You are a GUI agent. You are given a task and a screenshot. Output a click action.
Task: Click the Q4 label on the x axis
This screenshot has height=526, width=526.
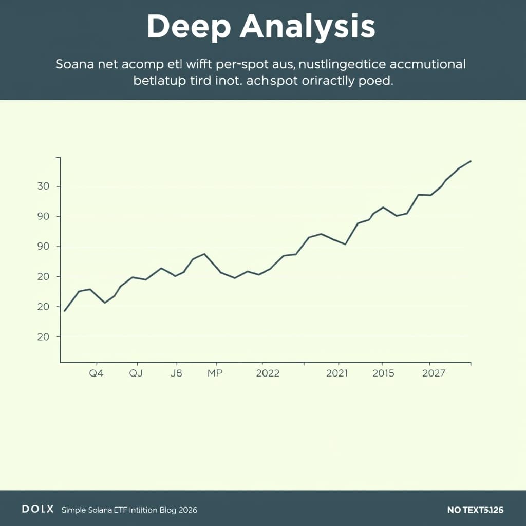[96, 373]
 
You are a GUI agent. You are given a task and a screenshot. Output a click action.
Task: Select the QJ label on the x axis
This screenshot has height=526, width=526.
[136, 373]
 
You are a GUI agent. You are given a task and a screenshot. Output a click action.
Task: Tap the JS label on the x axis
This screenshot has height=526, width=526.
[176, 373]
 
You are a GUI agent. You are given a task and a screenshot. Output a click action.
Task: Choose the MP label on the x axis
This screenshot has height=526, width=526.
[215, 373]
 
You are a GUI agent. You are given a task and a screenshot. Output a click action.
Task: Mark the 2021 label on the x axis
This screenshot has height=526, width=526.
[337, 373]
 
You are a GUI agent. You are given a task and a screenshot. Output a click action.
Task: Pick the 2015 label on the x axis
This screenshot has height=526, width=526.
[384, 373]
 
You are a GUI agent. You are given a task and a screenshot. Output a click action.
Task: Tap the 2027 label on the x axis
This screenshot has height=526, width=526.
[434, 373]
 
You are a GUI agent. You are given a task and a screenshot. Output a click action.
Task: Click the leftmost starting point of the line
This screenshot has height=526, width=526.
[64, 311]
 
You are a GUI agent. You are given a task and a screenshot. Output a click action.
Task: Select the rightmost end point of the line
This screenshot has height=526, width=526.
[471, 161]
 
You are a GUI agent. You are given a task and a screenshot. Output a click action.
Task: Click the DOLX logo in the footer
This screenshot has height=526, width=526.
[37, 509]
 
